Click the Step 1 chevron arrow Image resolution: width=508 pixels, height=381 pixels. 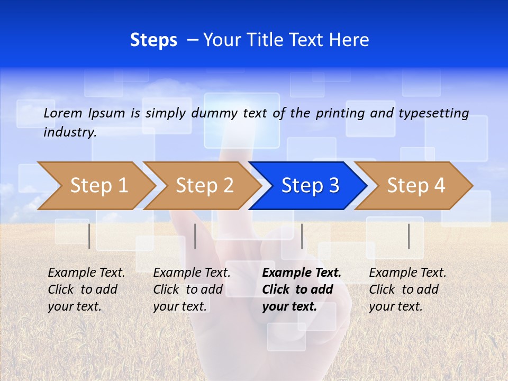point(98,186)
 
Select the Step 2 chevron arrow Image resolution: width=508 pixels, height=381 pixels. point(204,186)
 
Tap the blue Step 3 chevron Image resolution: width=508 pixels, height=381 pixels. point(310,186)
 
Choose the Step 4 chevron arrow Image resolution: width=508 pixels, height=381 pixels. point(415,186)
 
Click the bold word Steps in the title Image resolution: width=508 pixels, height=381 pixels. point(153,40)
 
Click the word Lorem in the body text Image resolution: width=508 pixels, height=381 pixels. point(63,113)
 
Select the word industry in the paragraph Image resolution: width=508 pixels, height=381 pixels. point(70,132)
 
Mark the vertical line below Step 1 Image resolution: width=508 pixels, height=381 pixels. point(89,236)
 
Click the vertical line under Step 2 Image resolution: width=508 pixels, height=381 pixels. point(195,236)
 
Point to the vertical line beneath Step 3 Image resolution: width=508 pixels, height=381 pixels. point(302,236)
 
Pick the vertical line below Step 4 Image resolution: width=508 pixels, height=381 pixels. point(409,236)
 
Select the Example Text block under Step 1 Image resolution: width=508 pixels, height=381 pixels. point(86,289)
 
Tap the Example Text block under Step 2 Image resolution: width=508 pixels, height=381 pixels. point(192,289)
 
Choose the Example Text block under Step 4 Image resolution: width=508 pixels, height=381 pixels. point(407,289)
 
